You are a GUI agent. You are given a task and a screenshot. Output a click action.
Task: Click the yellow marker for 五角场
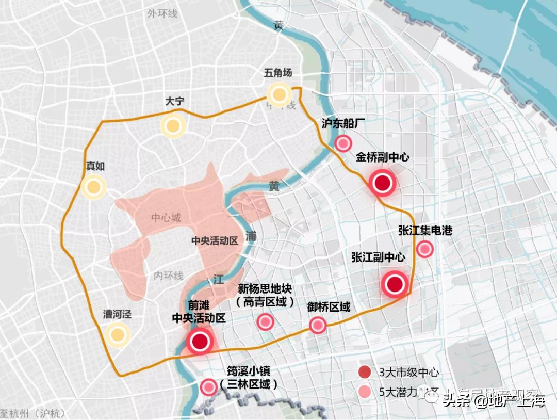pyautogui.click(x=280, y=94)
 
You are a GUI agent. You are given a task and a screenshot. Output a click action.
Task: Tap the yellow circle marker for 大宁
pyautogui.click(x=173, y=125)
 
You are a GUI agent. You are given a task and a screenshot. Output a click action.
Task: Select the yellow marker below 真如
pyautogui.click(x=93, y=187)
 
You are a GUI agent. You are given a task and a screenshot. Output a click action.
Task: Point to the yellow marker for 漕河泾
pyautogui.click(x=117, y=335)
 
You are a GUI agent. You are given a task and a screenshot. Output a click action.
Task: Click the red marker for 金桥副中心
pyautogui.click(x=382, y=183)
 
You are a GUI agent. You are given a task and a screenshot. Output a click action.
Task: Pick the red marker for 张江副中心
pyautogui.click(x=395, y=284)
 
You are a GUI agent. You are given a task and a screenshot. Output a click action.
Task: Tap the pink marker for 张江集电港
pyautogui.click(x=424, y=249)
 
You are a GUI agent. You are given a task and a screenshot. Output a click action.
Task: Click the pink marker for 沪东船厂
pyautogui.click(x=343, y=143)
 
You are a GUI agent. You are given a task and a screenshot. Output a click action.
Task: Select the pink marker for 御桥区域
pyautogui.click(x=318, y=325)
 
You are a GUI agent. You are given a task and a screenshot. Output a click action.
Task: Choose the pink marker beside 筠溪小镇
pyautogui.click(x=208, y=387)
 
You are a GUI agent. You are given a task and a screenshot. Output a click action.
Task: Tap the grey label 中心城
pyautogui.click(x=166, y=218)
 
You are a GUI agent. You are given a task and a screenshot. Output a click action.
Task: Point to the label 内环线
pyautogui.click(x=168, y=276)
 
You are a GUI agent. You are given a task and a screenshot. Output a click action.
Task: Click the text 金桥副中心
pyautogui.click(x=382, y=157)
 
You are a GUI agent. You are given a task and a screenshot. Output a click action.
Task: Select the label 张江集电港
pyautogui.click(x=425, y=230)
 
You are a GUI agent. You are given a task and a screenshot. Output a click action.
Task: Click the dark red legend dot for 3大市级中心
pyautogui.click(x=365, y=372)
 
